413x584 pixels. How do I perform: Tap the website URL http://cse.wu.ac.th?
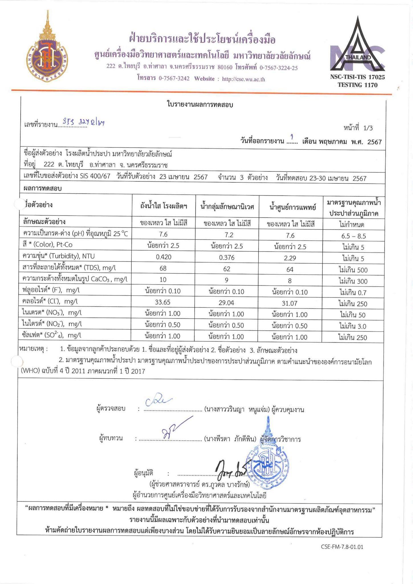tap(243, 79)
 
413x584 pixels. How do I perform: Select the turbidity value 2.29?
tap(290, 258)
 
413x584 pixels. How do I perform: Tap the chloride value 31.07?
tap(290, 303)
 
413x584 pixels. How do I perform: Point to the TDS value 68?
tap(163, 269)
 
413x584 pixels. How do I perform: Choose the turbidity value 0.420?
tap(164, 257)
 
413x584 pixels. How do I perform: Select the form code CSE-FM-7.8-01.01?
tap(342, 547)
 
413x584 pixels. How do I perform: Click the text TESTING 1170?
tap(357, 85)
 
